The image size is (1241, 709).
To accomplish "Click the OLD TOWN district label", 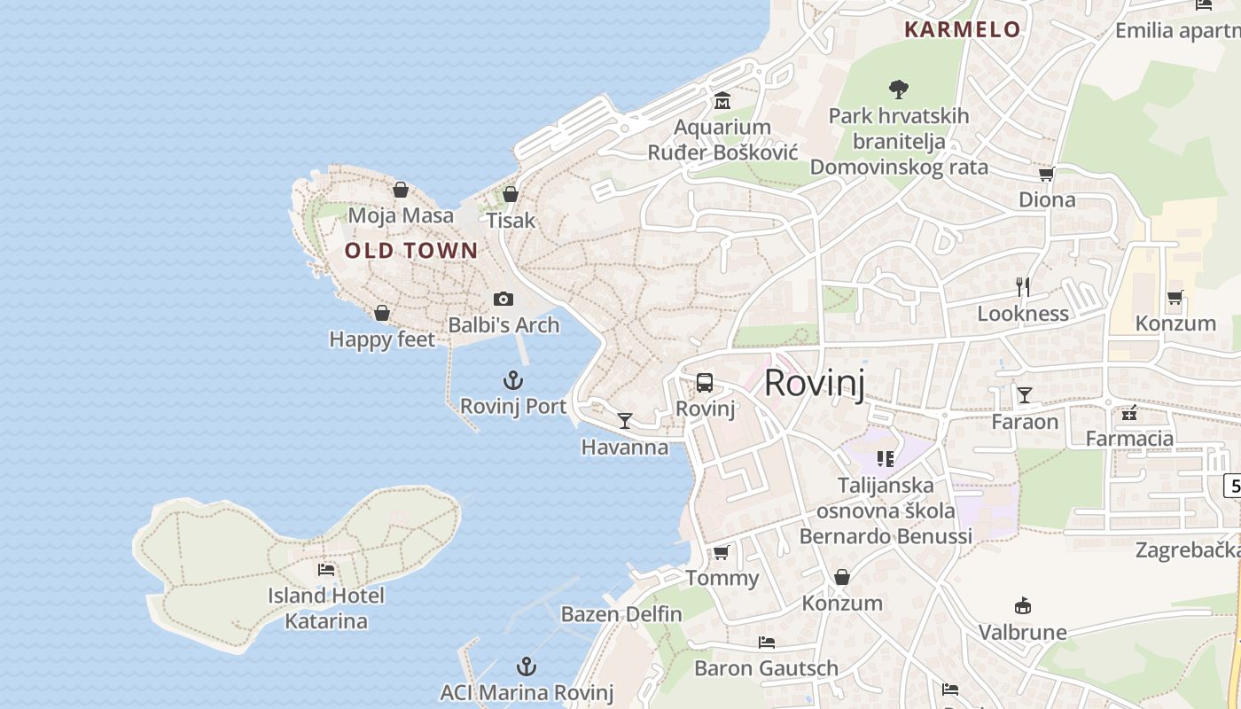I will (x=411, y=251).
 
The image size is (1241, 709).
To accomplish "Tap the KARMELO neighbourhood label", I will (x=962, y=29).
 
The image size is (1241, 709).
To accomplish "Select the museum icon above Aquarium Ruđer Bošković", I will (x=722, y=101).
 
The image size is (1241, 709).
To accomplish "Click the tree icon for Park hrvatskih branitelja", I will (x=898, y=89).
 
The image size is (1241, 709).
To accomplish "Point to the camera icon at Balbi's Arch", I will (x=503, y=300).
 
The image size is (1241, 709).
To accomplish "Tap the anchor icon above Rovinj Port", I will (x=512, y=381).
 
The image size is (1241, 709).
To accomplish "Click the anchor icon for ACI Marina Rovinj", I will (x=527, y=666).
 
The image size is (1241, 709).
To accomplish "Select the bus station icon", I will (x=705, y=383).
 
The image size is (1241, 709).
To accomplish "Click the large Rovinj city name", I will (x=814, y=383).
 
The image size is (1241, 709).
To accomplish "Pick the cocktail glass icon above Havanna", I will (x=625, y=420).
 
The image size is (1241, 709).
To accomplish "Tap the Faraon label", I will (x=1025, y=422).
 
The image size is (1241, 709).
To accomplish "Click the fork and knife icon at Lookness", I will (x=1023, y=286).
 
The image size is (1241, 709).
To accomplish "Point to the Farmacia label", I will (x=1129, y=438).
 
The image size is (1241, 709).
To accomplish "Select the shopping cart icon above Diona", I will (x=1046, y=174).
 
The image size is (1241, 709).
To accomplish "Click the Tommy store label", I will (x=722, y=579).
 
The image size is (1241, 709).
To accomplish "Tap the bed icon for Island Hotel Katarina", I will (x=326, y=569).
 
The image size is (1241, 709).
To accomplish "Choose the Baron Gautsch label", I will (x=766, y=668).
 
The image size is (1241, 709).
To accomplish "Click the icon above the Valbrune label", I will (x=1022, y=606).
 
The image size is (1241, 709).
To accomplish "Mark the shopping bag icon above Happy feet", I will (x=382, y=313).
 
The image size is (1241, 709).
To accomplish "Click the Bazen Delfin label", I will (x=621, y=614).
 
